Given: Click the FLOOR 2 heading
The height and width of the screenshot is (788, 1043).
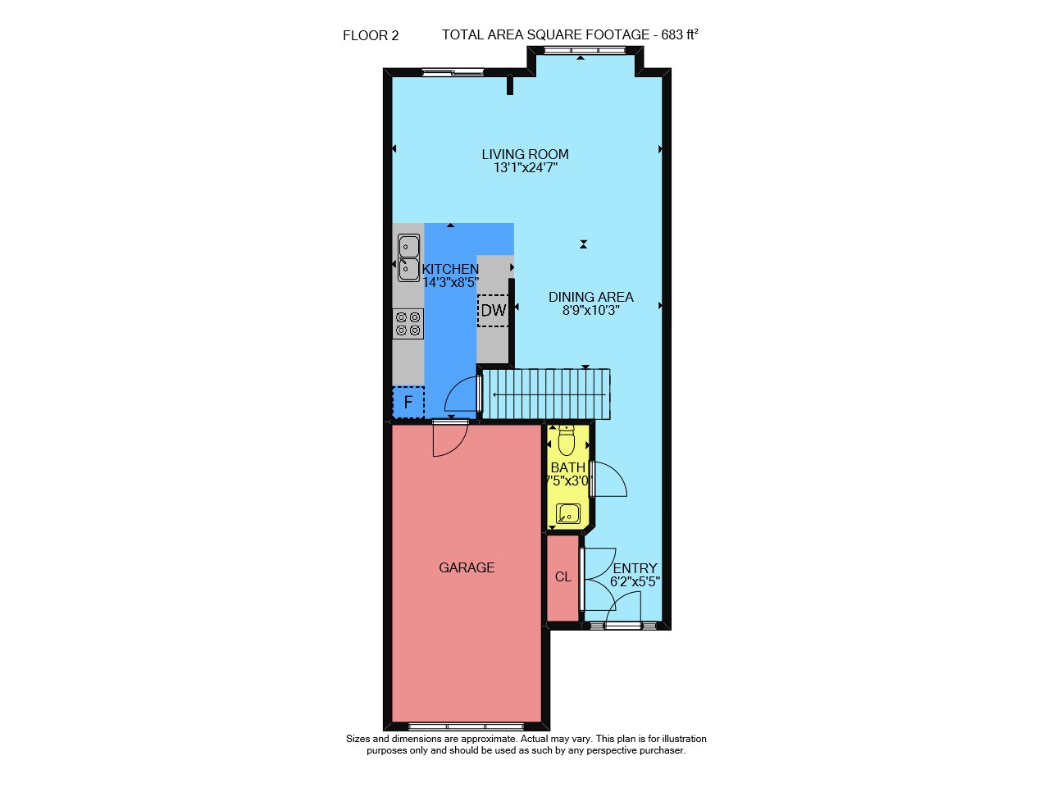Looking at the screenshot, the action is pyautogui.click(x=371, y=35).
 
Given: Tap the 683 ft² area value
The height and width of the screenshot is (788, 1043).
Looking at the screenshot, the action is pyautogui.click(x=680, y=34).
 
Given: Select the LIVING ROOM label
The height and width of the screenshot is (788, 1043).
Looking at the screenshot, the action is pyautogui.click(x=525, y=154).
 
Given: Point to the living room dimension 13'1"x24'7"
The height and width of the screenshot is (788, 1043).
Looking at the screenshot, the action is pyautogui.click(x=525, y=167).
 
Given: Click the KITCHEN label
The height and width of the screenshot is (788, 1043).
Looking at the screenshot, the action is pyautogui.click(x=450, y=269).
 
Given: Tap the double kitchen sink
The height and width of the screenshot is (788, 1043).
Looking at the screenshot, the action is pyautogui.click(x=408, y=257).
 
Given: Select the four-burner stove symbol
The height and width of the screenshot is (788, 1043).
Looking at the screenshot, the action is pyautogui.click(x=408, y=323).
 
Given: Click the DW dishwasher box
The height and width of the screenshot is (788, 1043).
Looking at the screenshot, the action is pyautogui.click(x=494, y=311).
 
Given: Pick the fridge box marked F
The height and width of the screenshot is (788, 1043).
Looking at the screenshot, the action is pyautogui.click(x=408, y=403).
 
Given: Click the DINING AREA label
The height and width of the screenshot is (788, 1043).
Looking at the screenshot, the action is pyautogui.click(x=590, y=298).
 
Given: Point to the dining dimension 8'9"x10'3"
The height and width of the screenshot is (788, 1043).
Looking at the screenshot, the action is pyautogui.click(x=590, y=311).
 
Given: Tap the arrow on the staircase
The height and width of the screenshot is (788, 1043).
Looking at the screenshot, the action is pyautogui.click(x=549, y=394).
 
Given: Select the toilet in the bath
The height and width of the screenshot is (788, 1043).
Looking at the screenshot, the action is pyautogui.click(x=567, y=440).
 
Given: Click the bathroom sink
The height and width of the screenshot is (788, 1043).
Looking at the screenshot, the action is pyautogui.click(x=568, y=513).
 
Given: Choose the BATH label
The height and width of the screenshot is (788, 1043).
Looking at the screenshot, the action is pyautogui.click(x=568, y=468).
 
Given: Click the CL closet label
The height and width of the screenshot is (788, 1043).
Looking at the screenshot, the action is pyautogui.click(x=563, y=576).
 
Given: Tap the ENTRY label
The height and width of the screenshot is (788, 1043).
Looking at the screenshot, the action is pyautogui.click(x=635, y=568).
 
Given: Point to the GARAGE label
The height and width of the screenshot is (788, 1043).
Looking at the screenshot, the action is pyautogui.click(x=467, y=567).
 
